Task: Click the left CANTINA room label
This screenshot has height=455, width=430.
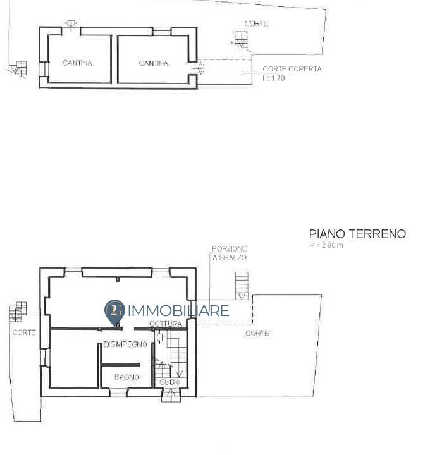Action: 77,63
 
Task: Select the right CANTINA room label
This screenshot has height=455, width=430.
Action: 153,63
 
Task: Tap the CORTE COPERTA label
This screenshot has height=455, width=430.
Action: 292,69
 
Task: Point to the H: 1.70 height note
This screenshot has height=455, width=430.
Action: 274,78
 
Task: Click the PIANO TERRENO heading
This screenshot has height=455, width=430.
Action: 357,234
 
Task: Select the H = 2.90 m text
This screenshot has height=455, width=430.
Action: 326,245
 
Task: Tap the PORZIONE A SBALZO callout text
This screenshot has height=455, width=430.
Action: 229,253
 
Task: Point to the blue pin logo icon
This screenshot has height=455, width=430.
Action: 114,312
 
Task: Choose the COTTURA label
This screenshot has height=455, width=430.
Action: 166,324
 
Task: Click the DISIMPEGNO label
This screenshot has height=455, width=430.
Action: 125,344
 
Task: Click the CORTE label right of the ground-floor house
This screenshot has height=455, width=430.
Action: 257,332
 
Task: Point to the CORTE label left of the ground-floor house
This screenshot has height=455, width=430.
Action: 24,332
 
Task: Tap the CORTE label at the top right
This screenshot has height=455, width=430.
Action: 256,23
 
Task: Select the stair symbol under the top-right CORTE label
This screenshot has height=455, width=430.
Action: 240,39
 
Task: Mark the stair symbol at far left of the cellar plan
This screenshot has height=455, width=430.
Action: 20,67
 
